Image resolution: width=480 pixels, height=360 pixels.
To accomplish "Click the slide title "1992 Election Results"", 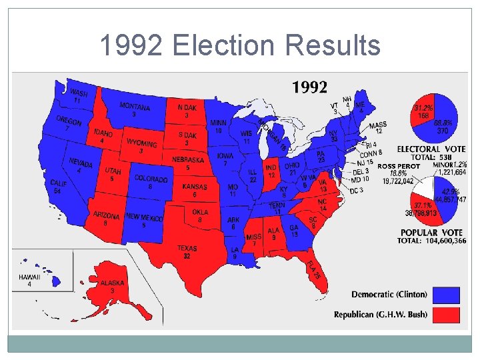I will click(240, 46).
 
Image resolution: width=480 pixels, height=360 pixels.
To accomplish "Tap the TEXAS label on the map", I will click(187, 249).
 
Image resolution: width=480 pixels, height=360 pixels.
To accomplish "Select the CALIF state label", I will click(59, 183).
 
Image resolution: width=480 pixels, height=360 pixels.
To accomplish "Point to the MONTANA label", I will click(135, 107).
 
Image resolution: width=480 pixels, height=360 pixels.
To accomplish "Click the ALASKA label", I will click(112, 283).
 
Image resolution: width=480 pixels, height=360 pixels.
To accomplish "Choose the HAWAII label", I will click(29, 277).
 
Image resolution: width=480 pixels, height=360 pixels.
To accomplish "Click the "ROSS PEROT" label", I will click(398, 166).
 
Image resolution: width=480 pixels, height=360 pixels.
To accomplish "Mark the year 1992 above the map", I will click(309, 87).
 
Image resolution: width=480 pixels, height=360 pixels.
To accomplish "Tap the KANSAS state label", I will click(195, 187).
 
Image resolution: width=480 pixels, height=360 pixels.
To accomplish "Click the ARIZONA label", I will click(106, 216).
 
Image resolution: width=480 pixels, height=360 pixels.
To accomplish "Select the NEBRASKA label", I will click(188, 160).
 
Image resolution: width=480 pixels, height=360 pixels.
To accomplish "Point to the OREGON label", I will click(69, 121).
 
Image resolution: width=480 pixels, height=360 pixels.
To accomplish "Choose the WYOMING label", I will click(141, 143).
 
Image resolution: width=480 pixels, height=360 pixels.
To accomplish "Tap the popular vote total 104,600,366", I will click(443, 241).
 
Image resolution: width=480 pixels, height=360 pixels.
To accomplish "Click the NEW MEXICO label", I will click(144, 217).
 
